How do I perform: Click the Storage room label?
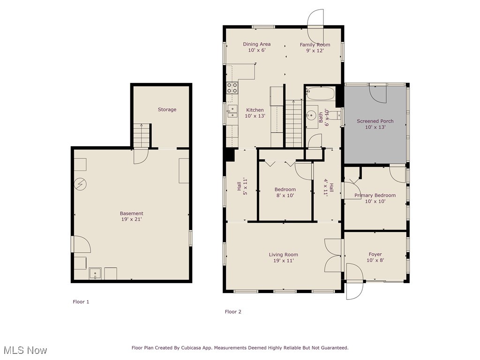coord(167,110)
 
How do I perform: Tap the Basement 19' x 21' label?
coord(131,216)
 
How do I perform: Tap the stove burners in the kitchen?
coord(232,88)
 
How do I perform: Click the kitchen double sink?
coord(232,111)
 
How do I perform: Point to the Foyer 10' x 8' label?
coord(375,257)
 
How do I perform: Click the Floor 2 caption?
coord(233,312)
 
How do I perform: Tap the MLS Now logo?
coord(25,350)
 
